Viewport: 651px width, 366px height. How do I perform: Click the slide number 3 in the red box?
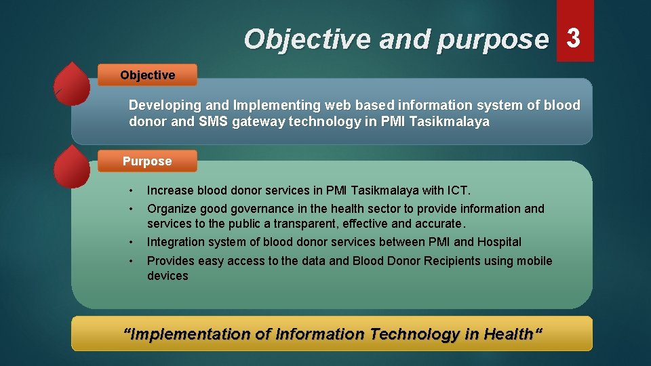tap(574, 39)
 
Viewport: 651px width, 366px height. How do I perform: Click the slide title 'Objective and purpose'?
tap(395, 39)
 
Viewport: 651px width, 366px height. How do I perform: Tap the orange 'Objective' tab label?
tap(147, 75)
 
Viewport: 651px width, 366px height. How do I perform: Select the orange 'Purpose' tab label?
tap(147, 161)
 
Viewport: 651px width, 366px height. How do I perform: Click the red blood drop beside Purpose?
tap(72, 167)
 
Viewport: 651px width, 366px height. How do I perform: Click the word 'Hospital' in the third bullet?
tap(499, 242)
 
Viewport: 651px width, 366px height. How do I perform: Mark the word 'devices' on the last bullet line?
tap(167, 276)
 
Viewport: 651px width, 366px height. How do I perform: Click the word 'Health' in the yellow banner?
tap(508, 333)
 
